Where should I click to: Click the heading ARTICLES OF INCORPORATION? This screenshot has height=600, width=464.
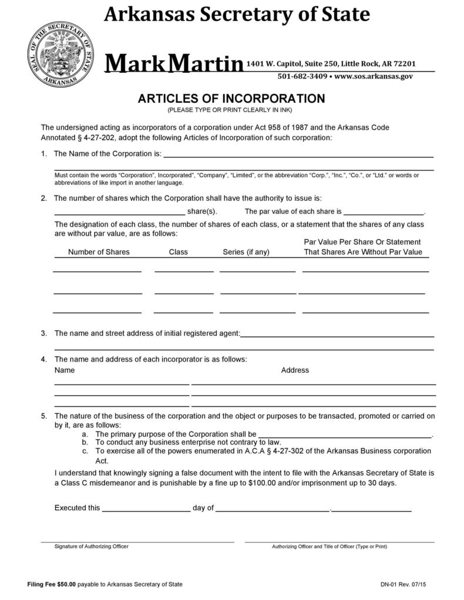click(231, 98)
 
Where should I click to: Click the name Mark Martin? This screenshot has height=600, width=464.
click(174, 63)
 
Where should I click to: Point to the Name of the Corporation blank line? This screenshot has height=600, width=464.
click(298, 157)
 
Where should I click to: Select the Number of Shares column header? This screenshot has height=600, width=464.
click(99, 252)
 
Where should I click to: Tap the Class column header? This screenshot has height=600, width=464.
click(178, 252)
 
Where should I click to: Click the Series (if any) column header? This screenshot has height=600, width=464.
click(246, 252)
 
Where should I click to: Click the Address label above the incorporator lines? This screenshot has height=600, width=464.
click(295, 370)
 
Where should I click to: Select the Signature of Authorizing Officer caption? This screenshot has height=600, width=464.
click(92, 547)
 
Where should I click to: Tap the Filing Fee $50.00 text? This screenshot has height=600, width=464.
click(52, 584)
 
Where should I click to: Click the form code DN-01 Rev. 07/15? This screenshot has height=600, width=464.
click(402, 584)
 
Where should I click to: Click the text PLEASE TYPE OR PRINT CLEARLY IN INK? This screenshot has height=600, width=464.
click(230, 110)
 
